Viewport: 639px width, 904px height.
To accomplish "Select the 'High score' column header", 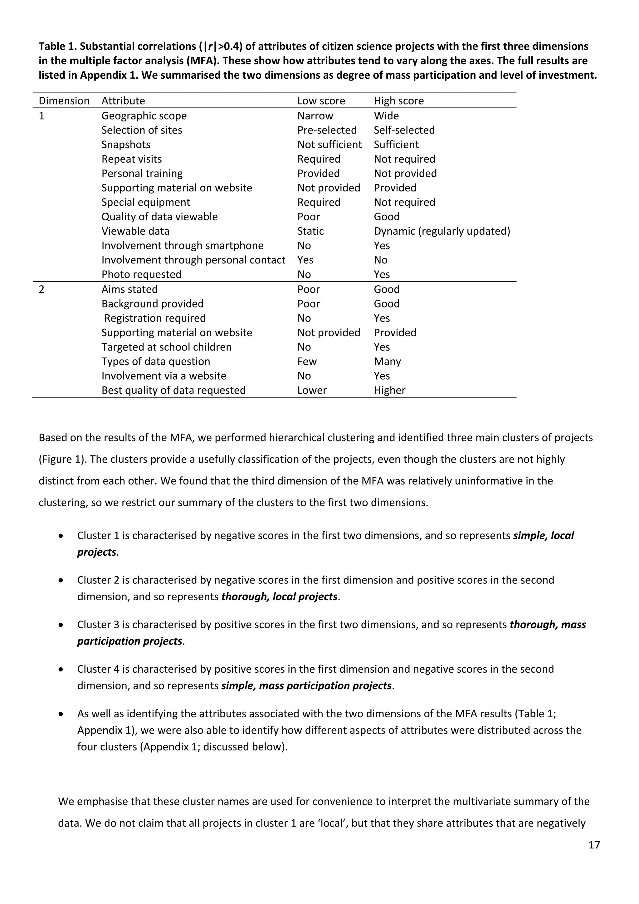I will point(398,101).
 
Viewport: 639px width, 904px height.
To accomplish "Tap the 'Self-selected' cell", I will point(404,130).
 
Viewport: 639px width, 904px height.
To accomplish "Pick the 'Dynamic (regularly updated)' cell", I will point(441,231).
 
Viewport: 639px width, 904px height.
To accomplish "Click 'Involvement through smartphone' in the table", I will point(182,246).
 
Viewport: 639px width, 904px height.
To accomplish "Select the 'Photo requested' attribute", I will point(141,274).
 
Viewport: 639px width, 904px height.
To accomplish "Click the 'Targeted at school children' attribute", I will point(166,347).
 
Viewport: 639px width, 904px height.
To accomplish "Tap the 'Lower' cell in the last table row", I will point(312,390).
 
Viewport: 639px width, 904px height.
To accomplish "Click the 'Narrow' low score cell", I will point(315,116).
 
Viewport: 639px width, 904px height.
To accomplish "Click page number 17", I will point(594,845).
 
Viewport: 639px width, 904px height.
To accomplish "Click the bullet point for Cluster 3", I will point(61,625).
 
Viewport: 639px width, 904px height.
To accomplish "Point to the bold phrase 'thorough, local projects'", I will point(279,597).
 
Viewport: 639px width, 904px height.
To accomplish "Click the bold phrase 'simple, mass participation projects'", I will point(306,685).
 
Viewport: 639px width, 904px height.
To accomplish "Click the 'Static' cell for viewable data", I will point(310,231).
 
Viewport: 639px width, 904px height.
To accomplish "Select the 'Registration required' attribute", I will point(155,318).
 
